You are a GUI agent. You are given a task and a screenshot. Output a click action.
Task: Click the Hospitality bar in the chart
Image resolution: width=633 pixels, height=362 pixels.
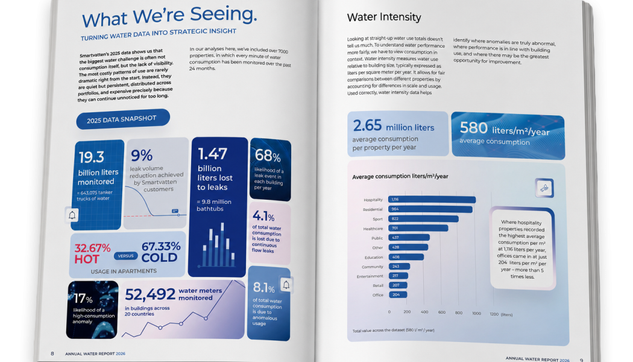pos(432,199)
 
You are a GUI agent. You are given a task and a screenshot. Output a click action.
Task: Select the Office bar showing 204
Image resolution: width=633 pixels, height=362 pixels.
pos(398,294)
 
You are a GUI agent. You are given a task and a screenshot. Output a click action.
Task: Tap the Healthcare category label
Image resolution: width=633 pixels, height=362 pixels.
pos(373,229)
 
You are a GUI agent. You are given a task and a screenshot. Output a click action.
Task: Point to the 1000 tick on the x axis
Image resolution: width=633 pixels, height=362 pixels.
pos(476,313)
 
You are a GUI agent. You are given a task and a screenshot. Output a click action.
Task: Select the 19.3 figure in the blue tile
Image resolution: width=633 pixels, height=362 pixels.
pos(92,157)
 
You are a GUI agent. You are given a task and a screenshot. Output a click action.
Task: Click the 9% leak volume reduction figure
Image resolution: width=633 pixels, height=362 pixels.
pos(141,155)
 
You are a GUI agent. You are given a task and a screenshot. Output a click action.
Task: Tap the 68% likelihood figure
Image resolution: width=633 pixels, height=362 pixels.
pos(268,155)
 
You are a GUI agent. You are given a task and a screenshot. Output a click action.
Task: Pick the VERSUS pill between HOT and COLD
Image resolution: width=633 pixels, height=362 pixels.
pos(125,256)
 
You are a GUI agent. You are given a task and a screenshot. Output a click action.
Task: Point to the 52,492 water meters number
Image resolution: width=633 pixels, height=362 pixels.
pos(150,294)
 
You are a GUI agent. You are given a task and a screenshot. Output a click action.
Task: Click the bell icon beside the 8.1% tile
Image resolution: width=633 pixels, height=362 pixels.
pos(286,285)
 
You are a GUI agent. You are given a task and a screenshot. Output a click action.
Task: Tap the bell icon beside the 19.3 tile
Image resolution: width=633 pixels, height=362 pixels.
pos(72,215)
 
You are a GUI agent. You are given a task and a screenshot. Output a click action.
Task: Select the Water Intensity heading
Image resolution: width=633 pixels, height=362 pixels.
pos(384,17)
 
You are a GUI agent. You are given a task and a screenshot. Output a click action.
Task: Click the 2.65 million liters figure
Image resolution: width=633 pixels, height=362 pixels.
pos(394,126)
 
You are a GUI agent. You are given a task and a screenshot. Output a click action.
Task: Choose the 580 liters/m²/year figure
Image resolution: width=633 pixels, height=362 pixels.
pos(505,129)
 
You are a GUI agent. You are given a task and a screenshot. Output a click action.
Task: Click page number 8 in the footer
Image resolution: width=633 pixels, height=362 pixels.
pos(52,354)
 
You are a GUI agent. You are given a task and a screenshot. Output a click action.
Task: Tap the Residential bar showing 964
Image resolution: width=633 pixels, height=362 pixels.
pos(430,209)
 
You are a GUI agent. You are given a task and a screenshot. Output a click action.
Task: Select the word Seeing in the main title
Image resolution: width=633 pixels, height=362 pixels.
pos(224,15)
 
